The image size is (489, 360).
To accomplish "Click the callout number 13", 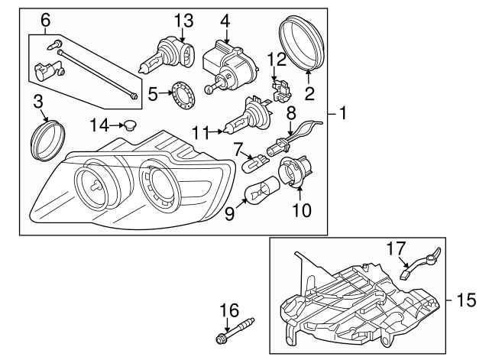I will [184, 19].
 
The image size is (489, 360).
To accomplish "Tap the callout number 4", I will [225, 19].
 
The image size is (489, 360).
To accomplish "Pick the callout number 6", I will [45, 19].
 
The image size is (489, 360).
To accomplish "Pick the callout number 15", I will [466, 300].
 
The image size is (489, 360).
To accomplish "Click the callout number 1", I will [343, 115].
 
